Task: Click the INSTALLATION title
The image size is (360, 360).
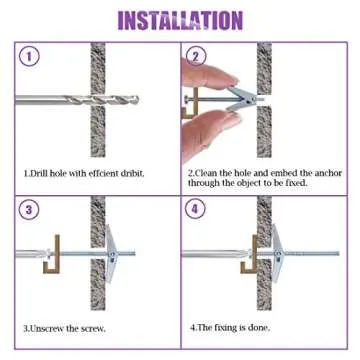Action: (180, 20)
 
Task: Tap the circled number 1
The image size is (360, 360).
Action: (28, 58)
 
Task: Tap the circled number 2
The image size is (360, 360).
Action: (197, 57)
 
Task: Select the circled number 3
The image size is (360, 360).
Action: (28, 210)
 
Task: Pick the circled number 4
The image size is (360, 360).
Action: (197, 210)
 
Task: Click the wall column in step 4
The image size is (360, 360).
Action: (264, 290)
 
